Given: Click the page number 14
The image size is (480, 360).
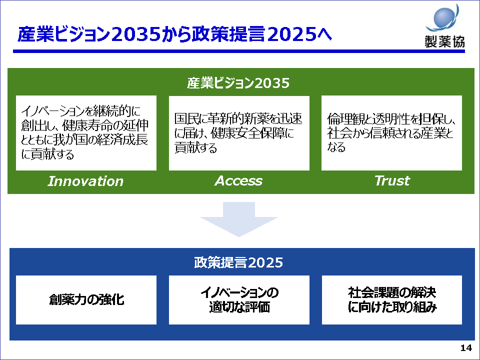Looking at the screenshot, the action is point(466,348).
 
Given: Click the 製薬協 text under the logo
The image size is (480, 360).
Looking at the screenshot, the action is point(444,41).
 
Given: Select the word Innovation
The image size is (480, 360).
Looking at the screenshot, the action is point(85,181).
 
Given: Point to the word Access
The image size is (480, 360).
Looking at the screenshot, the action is point(238,181).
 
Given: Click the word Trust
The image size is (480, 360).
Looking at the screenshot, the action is point(392,180).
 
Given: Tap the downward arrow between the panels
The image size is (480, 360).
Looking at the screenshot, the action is point(239,219).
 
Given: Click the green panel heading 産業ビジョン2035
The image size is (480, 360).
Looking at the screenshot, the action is point(238,83).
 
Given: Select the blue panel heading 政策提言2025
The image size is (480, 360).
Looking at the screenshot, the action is point(238,262).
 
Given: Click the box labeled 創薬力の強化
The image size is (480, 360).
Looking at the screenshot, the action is point(86,299).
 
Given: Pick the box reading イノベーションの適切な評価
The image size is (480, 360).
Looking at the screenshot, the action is point(239,299).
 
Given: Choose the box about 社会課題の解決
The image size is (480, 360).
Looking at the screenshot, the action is point(392,299).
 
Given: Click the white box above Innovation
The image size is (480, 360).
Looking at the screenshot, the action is point(86,133).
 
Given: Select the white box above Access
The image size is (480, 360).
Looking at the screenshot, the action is point(239,133).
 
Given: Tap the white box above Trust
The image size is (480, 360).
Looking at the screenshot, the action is point(391,133).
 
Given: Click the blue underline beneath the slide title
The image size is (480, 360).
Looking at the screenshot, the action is point(239,51).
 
